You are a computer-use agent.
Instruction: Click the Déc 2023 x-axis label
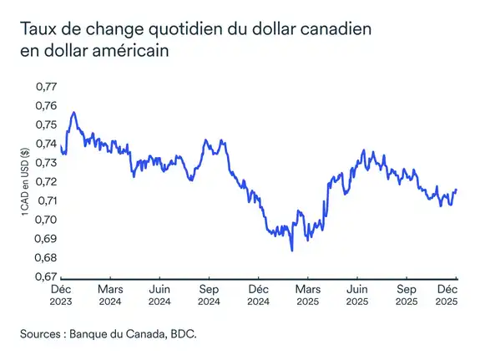click(61, 293)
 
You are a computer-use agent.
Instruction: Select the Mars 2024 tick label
click(110, 293)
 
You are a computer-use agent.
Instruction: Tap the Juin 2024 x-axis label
click(159, 293)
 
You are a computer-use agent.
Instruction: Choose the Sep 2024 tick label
click(209, 293)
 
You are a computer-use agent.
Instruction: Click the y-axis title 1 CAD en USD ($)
click(28, 183)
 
